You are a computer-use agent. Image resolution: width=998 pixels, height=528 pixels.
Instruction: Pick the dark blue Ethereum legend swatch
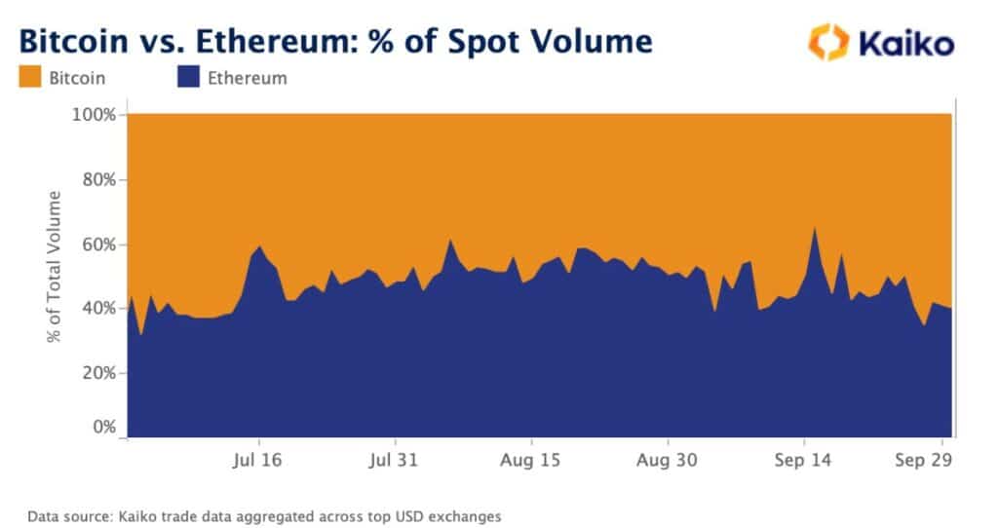pyautogui.click(x=188, y=78)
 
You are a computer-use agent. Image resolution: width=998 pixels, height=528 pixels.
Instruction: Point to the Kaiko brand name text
pyautogui.click(x=906, y=43)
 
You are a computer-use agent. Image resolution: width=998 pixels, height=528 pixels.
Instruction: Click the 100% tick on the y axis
pyautogui.click(x=96, y=115)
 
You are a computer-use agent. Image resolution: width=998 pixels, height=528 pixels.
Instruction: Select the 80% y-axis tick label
pyautogui.click(x=99, y=180)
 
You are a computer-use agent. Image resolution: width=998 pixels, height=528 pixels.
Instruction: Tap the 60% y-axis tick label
pyautogui.click(x=99, y=245)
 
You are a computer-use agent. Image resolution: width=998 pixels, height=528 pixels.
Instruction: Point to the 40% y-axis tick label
pyautogui.click(x=99, y=309)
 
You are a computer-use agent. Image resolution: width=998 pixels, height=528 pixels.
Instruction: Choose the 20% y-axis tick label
pyautogui.click(x=99, y=373)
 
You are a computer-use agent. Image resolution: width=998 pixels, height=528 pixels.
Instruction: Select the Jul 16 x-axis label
pyautogui.click(x=258, y=459)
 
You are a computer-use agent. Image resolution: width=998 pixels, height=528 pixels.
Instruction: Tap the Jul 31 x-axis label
pyautogui.click(x=394, y=459)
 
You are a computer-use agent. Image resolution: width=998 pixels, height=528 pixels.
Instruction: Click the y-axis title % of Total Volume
pyautogui.click(x=55, y=268)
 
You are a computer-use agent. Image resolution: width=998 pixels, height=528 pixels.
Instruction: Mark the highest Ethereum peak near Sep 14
pyautogui.click(x=814, y=228)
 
